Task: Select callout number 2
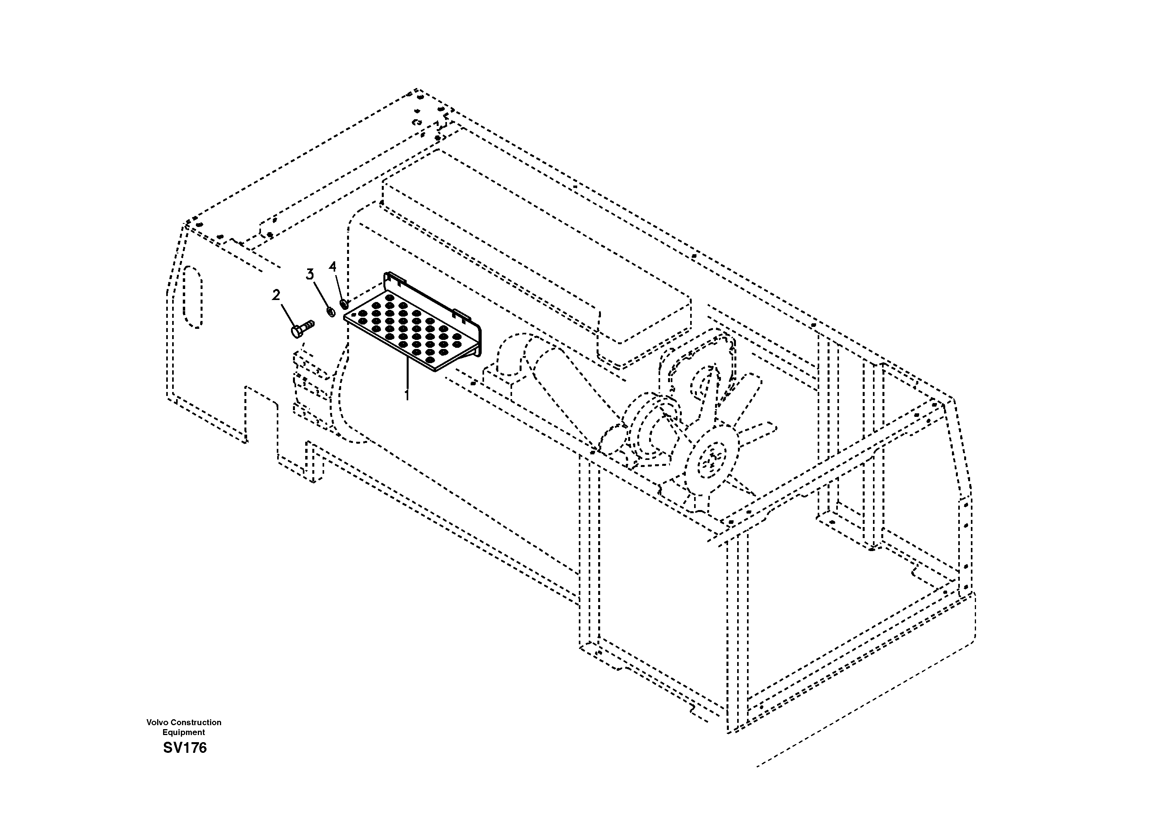276,295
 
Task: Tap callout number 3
310,275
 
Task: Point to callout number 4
333,266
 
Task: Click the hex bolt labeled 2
302,328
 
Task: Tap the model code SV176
185,748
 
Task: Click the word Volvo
158,722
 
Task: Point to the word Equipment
184,732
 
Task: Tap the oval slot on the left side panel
193,296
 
